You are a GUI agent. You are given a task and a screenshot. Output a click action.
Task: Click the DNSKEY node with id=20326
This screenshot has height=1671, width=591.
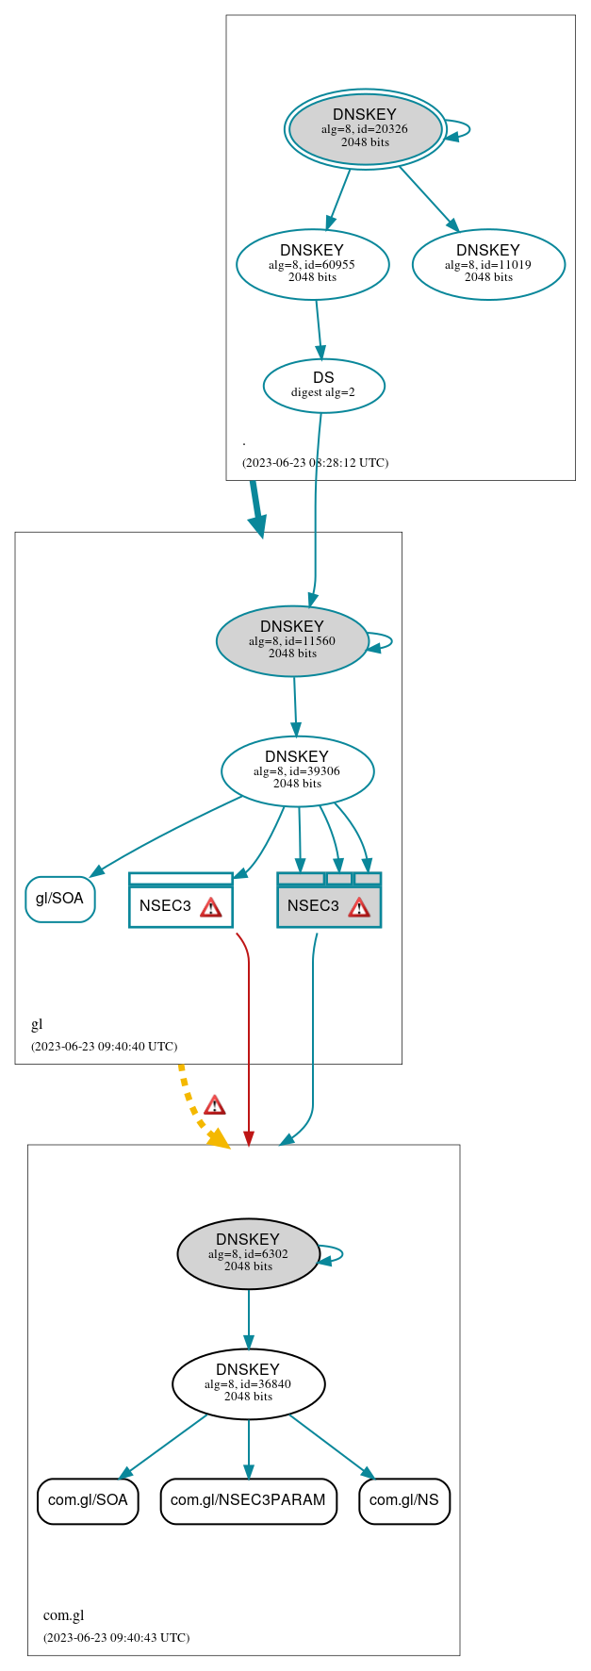click(365, 129)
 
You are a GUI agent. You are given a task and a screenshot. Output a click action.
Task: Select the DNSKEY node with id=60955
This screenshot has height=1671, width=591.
click(312, 265)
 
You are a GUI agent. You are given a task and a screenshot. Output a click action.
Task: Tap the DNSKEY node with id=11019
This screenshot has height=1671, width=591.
click(488, 265)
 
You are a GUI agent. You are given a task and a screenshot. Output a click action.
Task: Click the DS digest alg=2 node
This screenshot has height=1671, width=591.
click(323, 386)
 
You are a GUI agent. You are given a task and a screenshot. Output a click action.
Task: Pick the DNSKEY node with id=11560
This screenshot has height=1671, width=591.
click(292, 641)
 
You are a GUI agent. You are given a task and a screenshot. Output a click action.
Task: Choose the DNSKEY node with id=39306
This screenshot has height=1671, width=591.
click(297, 771)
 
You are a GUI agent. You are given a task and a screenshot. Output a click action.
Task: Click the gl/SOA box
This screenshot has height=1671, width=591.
click(60, 899)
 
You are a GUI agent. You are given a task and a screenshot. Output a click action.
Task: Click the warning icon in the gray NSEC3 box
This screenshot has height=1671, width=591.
click(359, 907)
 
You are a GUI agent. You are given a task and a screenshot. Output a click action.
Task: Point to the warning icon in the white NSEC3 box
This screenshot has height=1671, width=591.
click(211, 907)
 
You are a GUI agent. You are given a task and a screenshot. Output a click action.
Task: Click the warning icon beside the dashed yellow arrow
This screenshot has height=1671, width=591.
click(215, 1105)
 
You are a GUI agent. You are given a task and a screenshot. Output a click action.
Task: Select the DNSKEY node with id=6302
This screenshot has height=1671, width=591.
click(248, 1254)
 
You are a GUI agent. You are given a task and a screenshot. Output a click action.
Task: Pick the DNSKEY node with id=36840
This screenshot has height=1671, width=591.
click(248, 1384)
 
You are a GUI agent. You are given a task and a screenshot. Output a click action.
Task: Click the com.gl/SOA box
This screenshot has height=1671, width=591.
click(88, 1500)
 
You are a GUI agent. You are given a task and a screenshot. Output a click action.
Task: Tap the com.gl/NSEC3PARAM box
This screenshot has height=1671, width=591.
click(248, 1500)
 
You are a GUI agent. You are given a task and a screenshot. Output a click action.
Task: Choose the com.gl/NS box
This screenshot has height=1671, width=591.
click(404, 1500)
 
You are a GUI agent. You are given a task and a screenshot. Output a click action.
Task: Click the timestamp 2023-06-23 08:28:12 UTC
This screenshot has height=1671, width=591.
click(315, 463)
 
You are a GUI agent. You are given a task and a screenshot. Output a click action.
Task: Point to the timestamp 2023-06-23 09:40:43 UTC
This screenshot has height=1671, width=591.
click(116, 1638)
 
